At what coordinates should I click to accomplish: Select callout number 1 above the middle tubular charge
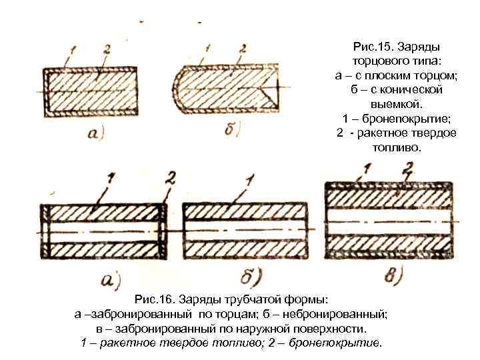point(249,180)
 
